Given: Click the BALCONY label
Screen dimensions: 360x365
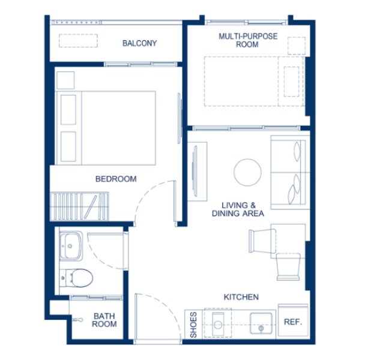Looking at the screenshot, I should [140, 43].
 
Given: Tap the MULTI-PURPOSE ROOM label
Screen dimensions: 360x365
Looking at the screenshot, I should [247, 41].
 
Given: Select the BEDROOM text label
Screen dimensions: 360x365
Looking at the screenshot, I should [116, 179].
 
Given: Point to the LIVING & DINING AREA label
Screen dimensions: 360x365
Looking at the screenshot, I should [238, 209].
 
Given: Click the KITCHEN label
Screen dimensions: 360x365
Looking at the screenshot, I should [241, 297].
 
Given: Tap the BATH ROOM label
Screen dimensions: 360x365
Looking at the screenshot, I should [104, 320].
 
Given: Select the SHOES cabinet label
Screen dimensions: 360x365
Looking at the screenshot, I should [193, 325].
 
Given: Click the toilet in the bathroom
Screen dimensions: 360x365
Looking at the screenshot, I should [79, 277].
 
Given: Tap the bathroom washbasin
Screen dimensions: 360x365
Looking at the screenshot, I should [71, 245].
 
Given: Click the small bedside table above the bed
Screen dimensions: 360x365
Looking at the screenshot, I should [65, 80].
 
